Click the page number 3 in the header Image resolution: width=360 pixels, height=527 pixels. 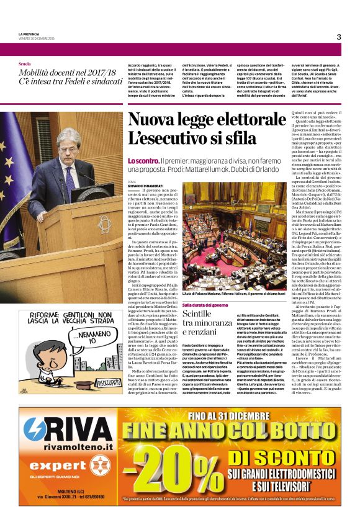[x=339, y=37]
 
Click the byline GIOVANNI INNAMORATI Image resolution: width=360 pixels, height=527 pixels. [x=145, y=184]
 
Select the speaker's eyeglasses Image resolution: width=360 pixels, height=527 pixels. [x=72, y=142]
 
